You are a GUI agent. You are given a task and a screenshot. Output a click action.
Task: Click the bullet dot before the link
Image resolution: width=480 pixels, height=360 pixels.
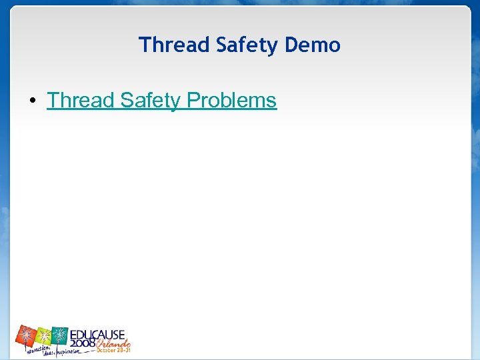pyautogui.click(x=32, y=101)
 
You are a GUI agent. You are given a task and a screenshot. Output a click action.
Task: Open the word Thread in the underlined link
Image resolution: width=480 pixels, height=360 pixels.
pyautogui.click(x=81, y=101)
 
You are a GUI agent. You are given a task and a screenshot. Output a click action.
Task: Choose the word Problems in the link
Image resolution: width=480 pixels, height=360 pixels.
pyautogui.click(x=231, y=101)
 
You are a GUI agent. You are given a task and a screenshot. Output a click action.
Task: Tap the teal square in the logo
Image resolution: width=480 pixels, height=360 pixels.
pyautogui.click(x=61, y=335)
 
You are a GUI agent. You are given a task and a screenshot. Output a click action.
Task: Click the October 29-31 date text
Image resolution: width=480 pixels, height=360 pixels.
pyautogui.click(x=113, y=350)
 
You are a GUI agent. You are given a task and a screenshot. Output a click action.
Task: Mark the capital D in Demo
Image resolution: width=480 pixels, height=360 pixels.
pyautogui.click(x=290, y=45)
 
